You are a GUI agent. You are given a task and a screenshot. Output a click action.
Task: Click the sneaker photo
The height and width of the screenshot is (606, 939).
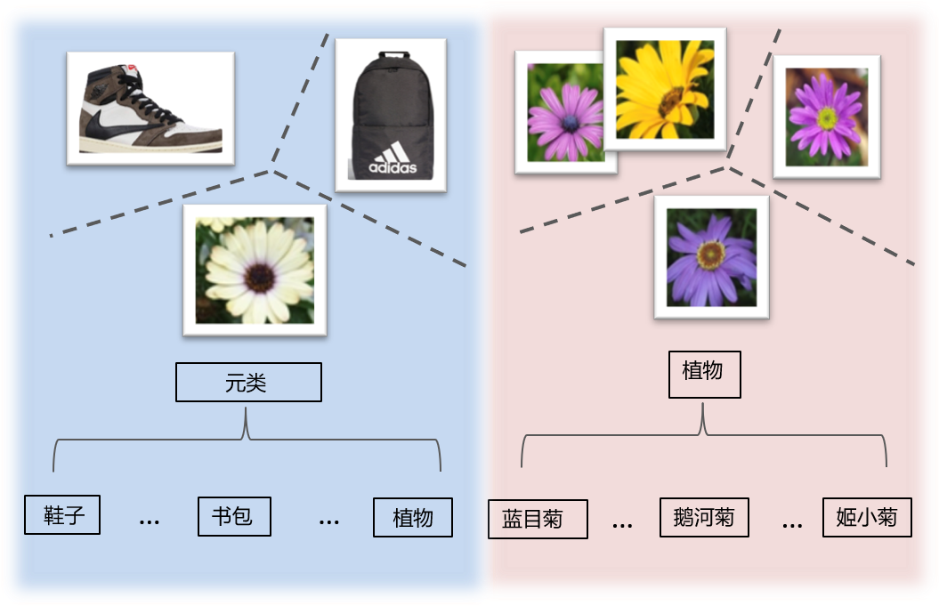pos(150,108)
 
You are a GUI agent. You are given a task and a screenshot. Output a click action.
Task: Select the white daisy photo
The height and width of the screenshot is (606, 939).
pos(255,270)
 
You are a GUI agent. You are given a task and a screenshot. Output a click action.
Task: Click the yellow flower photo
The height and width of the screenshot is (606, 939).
pos(665,89)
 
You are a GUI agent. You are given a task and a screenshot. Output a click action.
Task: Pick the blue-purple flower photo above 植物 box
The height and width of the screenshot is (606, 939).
pos(711,257)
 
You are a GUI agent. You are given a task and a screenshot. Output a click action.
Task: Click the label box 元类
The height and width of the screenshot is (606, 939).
pos(248,383)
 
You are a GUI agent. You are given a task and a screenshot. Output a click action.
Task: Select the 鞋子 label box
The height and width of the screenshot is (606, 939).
pos(62,514)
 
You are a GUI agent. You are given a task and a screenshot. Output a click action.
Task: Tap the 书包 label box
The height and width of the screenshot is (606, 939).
pos(233,515)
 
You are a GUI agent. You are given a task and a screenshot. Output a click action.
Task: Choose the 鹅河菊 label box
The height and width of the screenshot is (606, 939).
pos(704,517)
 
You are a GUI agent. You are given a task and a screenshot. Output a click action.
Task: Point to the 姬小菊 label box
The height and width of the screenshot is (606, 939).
pos(867,517)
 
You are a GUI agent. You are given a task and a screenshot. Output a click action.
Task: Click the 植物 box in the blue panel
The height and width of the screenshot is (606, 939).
pos(412,517)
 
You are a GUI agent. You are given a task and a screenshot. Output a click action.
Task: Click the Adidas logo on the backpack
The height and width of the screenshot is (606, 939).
pos(393,160)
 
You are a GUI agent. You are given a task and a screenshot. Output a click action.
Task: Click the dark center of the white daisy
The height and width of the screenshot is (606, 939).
pos(258,276)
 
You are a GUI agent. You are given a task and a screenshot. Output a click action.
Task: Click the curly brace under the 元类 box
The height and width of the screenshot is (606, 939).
pos(247,436)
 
